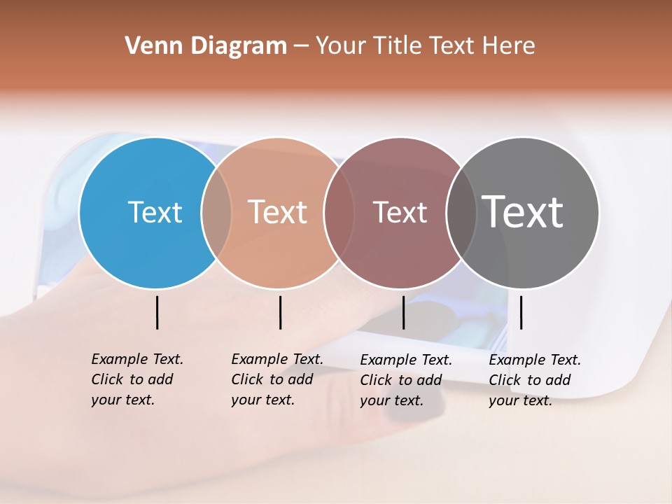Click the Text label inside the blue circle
(155, 212)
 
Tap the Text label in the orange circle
(277, 212)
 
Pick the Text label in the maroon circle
(400, 212)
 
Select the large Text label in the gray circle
(523, 212)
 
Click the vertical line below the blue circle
(157, 312)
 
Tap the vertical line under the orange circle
(280, 312)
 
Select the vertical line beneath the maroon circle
(403, 312)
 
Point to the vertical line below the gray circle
(521, 312)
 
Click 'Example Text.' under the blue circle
(137, 359)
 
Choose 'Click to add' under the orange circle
(272, 379)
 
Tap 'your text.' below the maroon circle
(391, 400)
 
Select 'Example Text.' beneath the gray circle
(535, 360)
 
